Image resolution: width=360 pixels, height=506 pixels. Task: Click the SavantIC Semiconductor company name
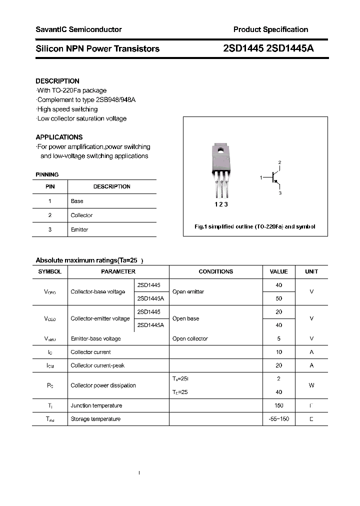[78, 29]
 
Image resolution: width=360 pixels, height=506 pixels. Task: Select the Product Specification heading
[270, 29]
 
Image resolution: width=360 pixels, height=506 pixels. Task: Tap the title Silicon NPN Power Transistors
[97, 49]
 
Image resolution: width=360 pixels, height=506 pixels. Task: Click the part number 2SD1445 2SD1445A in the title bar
[268, 49]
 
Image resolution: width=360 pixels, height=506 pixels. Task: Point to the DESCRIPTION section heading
[57, 81]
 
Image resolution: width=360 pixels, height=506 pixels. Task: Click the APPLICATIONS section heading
[59, 137]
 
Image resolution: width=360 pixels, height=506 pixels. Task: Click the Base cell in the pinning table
[77, 201]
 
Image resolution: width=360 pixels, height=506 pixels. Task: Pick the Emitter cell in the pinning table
[79, 229]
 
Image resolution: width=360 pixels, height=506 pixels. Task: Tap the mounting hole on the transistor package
[219, 149]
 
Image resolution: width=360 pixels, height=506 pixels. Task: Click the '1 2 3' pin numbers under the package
[220, 204]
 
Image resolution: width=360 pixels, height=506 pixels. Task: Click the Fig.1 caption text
[255, 226]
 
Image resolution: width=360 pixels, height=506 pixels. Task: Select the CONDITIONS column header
[215, 271]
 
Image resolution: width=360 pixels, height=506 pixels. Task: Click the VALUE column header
[278, 271]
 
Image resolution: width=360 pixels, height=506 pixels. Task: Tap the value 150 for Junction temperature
[278, 405]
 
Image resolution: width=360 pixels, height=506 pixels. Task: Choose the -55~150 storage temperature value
[278, 419]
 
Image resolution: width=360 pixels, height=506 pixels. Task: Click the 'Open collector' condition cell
[189, 338]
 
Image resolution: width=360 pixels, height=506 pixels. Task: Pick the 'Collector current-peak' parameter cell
[97, 365]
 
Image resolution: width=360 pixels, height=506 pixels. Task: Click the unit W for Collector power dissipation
[311, 385]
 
